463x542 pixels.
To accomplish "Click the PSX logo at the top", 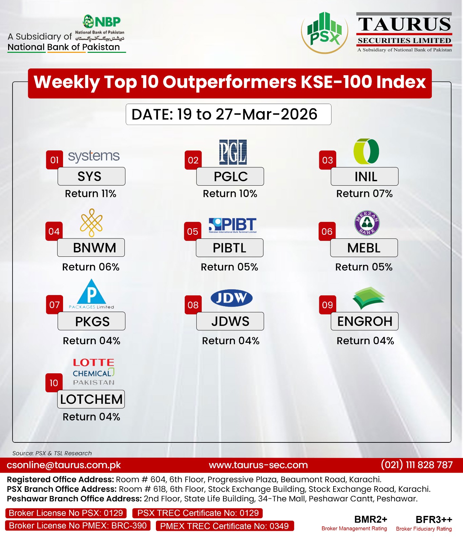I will coord(324,32).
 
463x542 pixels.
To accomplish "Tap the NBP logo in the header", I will coord(102,22).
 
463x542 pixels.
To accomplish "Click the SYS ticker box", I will coord(91,176).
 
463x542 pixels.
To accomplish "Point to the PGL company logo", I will coord(233,152).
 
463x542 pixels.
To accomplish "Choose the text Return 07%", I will coord(364,193).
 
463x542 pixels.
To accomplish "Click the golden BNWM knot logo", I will coord(91,223).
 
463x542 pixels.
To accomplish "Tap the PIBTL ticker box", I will coord(229,248).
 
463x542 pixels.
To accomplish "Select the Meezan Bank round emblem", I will coord(367,223).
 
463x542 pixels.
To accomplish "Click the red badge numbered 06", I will coord(327,231).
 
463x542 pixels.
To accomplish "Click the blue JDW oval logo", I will coord(231,298).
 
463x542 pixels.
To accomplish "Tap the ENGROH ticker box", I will coord(365,321).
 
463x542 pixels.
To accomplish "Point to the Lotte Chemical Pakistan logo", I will coord(94,372).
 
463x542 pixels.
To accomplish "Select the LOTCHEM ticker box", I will coord(91,399).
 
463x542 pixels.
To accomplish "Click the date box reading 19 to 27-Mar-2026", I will coord(228,114).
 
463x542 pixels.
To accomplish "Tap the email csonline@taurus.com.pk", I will coord(64,465).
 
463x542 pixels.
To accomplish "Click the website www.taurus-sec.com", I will coord(258,465).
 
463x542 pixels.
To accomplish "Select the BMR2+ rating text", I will coord(371,520).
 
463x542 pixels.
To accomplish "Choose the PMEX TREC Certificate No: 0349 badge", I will coord(225,526).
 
